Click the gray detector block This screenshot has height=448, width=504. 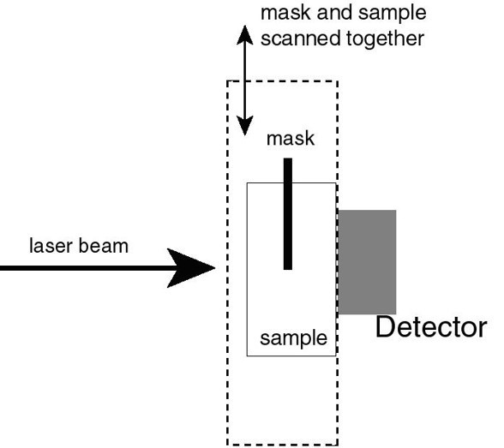pos(367,262)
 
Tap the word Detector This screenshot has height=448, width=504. pos(431,327)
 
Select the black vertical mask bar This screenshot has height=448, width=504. pos(288,214)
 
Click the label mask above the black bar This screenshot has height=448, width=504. pos(291,139)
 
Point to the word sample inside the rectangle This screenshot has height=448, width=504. pos(293,339)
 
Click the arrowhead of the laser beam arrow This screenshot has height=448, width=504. pos(192,268)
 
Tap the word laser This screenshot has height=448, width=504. pos(50,246)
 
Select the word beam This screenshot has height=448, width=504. pos(103,246)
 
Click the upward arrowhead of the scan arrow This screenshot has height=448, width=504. pos(245,34)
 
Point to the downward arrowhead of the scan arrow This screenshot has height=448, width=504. pos(245,126)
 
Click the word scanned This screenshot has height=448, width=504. pos(301,39)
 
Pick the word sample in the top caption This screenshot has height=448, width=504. pos(393,14)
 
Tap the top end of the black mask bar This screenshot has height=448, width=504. pos(288,158)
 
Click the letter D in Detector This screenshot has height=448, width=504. pos(384,327)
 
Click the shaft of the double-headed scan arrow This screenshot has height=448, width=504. pos(245,81)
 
